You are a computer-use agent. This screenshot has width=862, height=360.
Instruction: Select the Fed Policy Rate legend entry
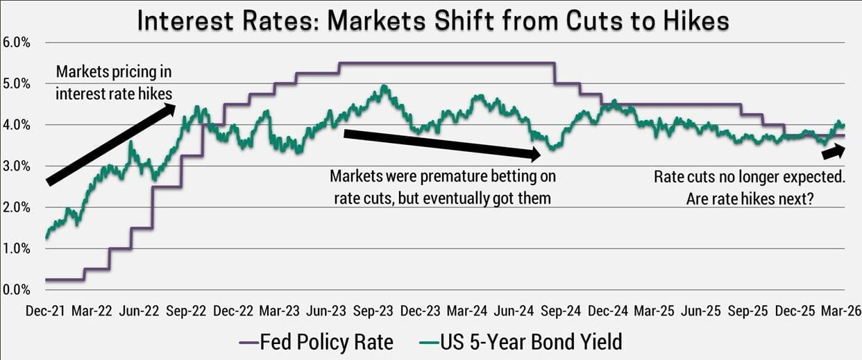click(316, 341)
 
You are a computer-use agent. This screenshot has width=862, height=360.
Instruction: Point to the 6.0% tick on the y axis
click(17, 42)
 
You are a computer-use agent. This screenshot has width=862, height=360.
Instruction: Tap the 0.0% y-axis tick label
click(17, 289)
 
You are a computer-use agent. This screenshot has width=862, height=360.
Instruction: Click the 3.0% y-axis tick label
click(17, 166)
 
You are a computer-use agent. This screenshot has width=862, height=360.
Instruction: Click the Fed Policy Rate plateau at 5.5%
click(444, 63)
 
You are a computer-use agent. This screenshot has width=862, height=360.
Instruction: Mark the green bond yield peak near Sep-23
click(384, 87)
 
